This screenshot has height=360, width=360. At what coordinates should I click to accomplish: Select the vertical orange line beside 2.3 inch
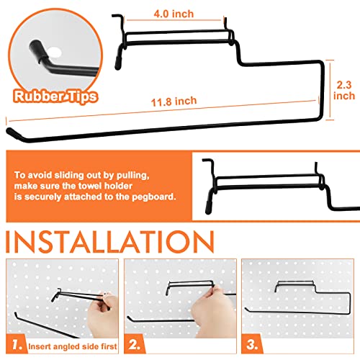[x=332, y=89]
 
